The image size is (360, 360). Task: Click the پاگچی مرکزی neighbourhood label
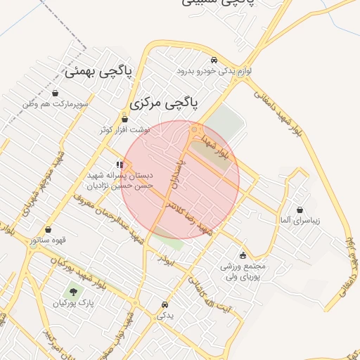point(163,103)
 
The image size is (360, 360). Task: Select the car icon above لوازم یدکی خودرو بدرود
point(214,60)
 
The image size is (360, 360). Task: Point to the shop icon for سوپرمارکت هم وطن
point(56,93)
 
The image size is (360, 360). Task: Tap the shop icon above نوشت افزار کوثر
point(125,119)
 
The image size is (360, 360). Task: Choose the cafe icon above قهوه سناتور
point(48,229)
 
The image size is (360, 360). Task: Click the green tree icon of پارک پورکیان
point(72,291)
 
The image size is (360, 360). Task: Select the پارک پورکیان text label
point(72,304)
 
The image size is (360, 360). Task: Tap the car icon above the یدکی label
point(164,305)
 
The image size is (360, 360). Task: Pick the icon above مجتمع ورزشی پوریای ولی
point(243,255)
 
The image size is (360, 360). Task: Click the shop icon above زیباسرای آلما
point(300,210)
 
